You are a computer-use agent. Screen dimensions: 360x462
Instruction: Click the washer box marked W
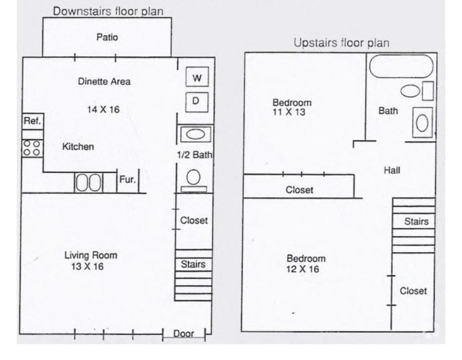click(x=196, y=77)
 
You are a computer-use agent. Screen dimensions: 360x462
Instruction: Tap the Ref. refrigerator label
click(x=32, y=121)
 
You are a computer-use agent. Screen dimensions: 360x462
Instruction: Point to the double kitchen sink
click(x=88, y=183)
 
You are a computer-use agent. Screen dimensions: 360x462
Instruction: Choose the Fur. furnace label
click(x=128, y=179)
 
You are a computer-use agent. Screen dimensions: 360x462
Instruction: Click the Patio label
click(x=107, y=37)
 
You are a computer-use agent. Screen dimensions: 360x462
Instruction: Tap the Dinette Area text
click(x=104, y=81)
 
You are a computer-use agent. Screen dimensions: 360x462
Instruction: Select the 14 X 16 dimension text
click(x=103, y=109)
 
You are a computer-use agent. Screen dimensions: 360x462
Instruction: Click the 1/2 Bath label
click(x=195, y=155)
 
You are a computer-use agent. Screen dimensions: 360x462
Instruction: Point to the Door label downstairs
click(x=184, y=333)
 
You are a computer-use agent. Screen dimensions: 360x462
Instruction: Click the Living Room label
click(x=90, y=255)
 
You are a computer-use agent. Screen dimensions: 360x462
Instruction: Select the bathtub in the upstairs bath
click(x=401, y=66)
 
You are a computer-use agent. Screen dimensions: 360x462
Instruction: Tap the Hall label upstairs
click(x=392, y=170)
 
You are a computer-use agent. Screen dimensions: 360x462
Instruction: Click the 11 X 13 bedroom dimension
click(x=289, y=112)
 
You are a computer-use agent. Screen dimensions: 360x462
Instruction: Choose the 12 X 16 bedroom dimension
click(x=303, y=269)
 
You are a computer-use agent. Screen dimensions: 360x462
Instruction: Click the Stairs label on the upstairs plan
click(x=416, y=221)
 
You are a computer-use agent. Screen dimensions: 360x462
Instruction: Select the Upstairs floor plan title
click(x=341, y=43)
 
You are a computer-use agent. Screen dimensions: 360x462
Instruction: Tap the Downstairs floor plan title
click(x=108, y=11)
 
